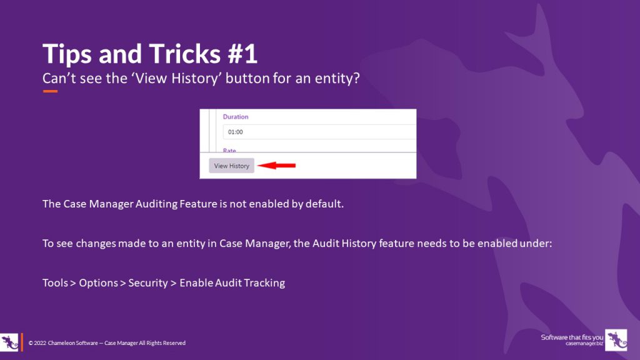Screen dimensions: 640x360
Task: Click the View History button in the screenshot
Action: click(231, 166)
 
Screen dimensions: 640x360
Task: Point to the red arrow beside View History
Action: click(277, 165)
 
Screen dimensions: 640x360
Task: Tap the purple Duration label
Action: click(236, 117)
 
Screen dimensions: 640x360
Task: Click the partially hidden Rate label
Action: click(229, 150)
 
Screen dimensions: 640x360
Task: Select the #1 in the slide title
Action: click(242, 54)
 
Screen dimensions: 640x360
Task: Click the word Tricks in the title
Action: click(184, 54)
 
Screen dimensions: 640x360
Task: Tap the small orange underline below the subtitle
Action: click(50, 91)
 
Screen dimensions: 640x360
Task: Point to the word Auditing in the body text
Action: click(156, 204)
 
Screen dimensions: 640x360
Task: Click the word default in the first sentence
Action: click(324, 204)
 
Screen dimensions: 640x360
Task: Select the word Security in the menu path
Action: click(147, 283)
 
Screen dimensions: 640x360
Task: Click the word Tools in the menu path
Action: click(55, 283)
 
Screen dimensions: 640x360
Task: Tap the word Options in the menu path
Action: click(98, 283)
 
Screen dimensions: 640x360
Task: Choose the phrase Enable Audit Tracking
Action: click(232, 283)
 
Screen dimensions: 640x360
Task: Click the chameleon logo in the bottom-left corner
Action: click(9, 342)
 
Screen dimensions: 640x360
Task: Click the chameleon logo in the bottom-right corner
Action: click(616, 340)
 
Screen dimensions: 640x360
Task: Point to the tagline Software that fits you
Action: click(572, 337)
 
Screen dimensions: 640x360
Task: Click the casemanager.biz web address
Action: click(584, 344)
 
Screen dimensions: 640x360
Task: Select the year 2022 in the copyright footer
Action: click(40, 343)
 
